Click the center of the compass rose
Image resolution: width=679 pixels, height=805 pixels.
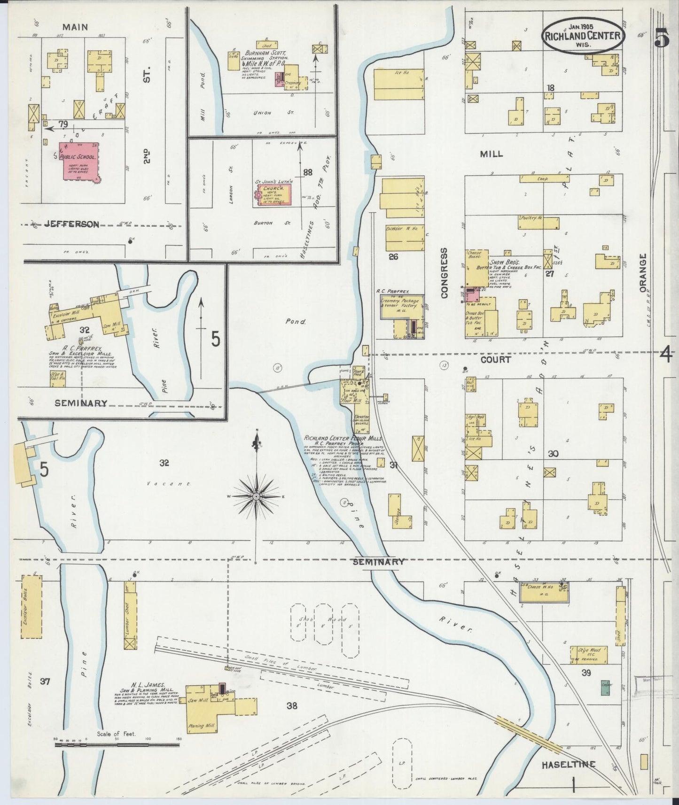tap(256, 496)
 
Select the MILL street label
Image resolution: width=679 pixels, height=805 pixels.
tap(492, 154)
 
